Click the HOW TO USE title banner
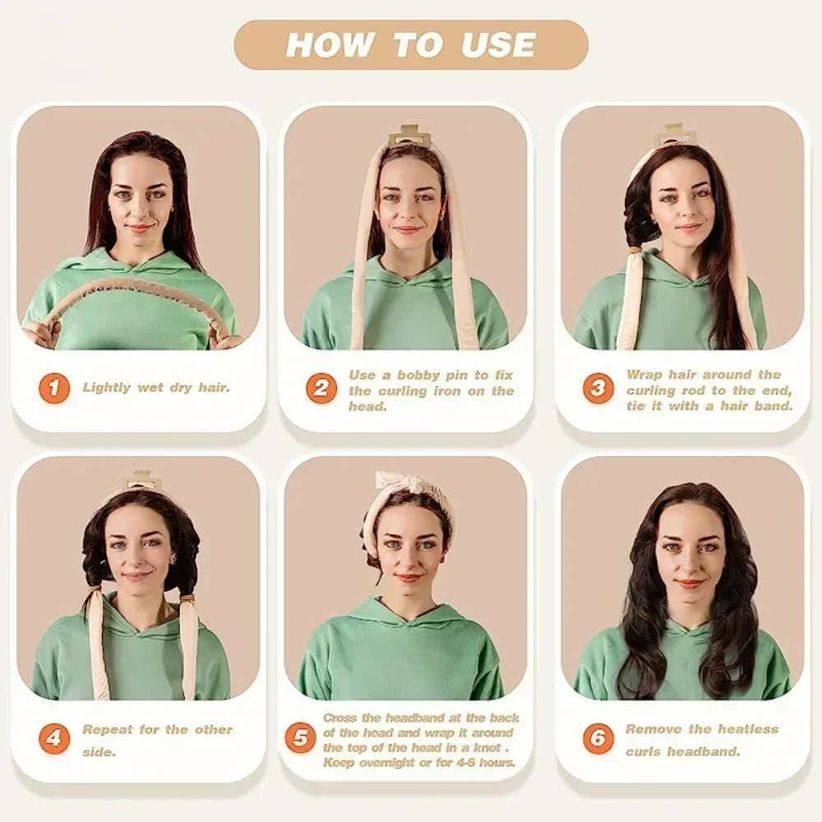(411, 45)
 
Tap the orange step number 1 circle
(53, 387)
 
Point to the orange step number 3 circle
(598, 388)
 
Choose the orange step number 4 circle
(53, 737)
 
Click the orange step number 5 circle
(300, 737)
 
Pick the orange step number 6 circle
(598, 737)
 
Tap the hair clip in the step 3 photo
(674, 135)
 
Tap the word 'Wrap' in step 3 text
(644, 375)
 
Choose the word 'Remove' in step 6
(653, 729)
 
